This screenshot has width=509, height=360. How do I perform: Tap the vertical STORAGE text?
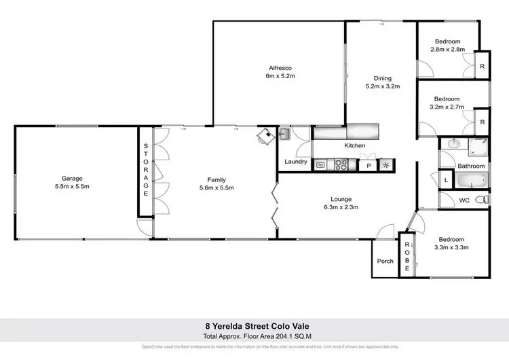[145, 170]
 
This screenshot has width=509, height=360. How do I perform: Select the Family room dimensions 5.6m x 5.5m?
[216, 187]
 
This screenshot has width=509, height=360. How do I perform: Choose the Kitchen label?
[355, 146]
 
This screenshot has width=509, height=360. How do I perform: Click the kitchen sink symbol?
[320, 164]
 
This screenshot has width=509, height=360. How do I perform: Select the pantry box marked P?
[369, 164]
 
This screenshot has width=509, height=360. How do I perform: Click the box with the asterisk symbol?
[387, 164]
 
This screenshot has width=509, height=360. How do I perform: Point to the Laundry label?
[297, 162]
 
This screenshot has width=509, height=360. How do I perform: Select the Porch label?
[385, 261]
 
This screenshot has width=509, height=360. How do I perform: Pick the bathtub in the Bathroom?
[470, 181]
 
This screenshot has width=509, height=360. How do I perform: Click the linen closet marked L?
[445, 180]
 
